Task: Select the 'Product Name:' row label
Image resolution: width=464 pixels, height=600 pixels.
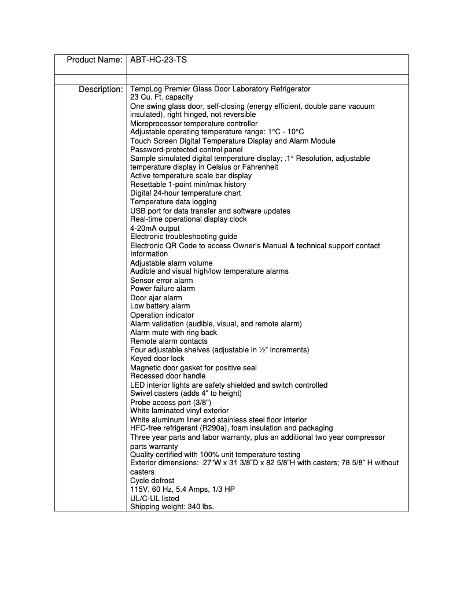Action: click(x=94, y=60)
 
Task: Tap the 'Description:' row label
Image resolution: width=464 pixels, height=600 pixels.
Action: click(x=101, y=89)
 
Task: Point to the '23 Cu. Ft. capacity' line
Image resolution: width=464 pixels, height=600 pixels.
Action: click(x=161, y=98)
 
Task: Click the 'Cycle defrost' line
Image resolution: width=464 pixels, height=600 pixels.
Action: click(x=152, y=481)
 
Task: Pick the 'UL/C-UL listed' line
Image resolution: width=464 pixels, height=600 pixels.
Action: click(x=154, y=498)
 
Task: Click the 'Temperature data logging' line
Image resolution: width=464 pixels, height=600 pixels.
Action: click(x=174, y=202)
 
